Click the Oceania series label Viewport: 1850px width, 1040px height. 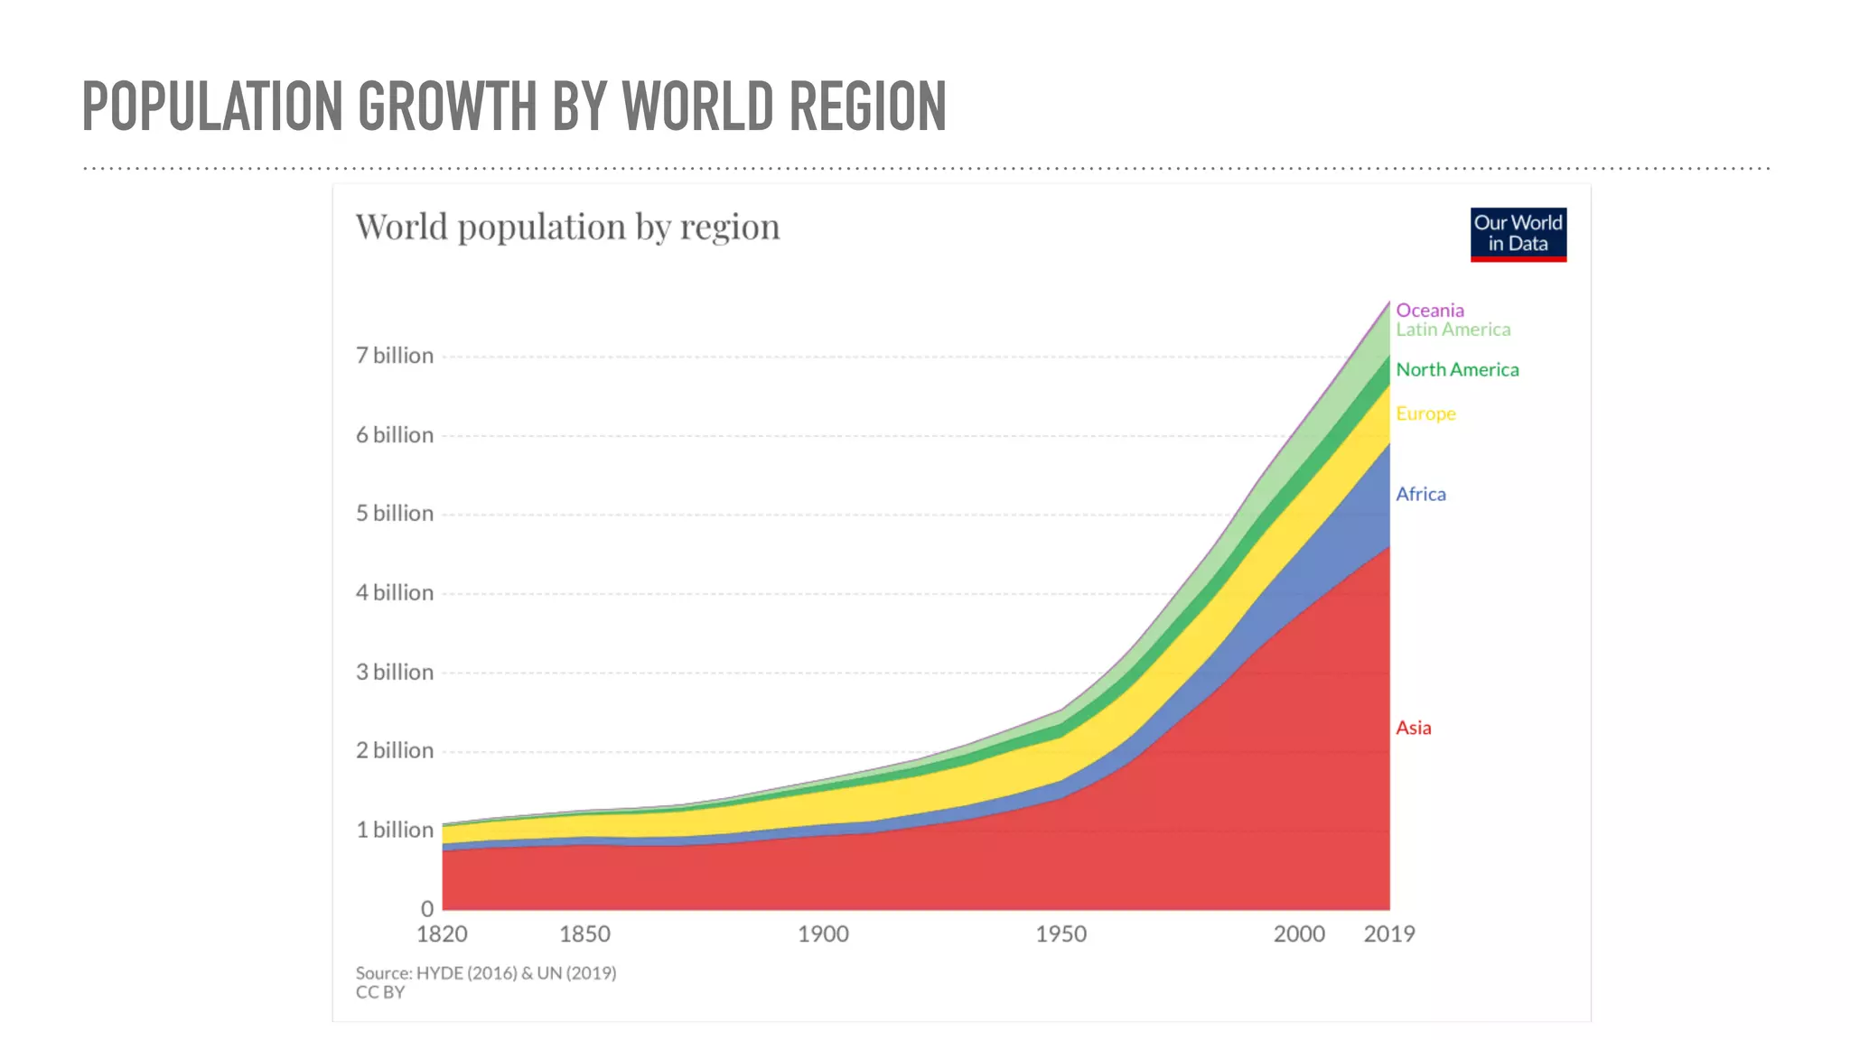1429,310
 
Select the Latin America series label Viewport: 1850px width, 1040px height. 1453,330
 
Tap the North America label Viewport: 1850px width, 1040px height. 1456,369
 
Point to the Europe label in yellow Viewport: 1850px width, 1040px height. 1425,413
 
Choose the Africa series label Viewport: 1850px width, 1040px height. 1420,494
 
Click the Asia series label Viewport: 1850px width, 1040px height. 1413,728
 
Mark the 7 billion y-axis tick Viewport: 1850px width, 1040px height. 394,356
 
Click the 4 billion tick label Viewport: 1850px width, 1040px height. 394,593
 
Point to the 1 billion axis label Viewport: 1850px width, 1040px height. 394,830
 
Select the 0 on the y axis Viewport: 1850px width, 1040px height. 426,909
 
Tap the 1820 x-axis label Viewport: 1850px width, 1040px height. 442,934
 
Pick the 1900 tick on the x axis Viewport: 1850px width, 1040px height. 822,934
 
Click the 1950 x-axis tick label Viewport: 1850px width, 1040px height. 1060,934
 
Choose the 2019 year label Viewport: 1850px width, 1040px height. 1388,934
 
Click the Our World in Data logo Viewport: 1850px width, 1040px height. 1518,234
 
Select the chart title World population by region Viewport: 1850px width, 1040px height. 567,227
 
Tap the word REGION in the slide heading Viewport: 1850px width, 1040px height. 867,107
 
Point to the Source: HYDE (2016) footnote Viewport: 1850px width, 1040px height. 485,973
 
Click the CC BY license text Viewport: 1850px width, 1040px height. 379,992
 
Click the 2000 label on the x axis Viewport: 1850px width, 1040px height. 1298,934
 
